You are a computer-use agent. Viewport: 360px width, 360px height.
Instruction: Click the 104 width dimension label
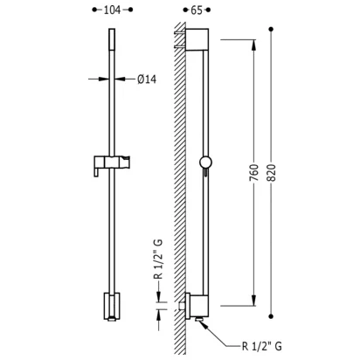point(112,10)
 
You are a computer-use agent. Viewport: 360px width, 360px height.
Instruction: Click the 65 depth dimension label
point(197,10)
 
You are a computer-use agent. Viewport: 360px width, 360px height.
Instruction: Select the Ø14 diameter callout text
point(147,79)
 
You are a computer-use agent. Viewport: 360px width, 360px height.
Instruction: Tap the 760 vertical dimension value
point(254,172)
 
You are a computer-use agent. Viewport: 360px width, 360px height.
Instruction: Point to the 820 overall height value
point(271,173)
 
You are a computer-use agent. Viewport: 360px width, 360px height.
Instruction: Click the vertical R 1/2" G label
point(158,260)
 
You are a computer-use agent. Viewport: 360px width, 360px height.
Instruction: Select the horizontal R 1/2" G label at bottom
point(262,346)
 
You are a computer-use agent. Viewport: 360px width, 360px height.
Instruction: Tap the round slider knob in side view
point(205,163)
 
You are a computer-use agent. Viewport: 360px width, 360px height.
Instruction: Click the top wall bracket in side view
point(197,39)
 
